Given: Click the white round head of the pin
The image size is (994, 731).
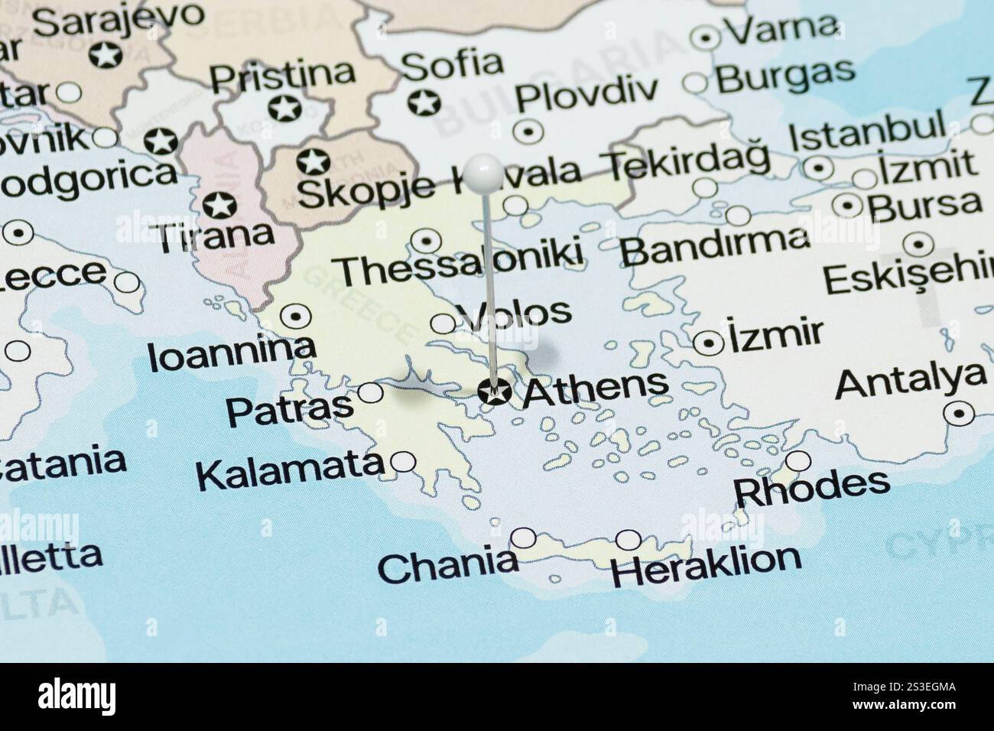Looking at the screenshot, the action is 485,171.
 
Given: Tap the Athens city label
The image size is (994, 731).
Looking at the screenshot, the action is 595,388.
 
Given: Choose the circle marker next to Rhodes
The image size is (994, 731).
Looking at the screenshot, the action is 798,461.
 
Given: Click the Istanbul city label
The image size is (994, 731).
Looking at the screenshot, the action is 867,135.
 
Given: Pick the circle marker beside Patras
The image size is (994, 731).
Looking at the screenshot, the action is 371,393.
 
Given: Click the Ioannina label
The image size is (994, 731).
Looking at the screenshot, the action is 232,354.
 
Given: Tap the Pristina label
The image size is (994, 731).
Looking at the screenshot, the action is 282,75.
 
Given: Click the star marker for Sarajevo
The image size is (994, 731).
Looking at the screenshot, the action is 102,55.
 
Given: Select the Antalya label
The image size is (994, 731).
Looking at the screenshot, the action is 910,380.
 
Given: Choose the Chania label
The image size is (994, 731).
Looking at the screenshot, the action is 447,566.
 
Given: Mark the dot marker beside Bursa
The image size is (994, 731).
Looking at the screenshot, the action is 848,204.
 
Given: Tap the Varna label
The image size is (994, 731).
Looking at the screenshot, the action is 780,28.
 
